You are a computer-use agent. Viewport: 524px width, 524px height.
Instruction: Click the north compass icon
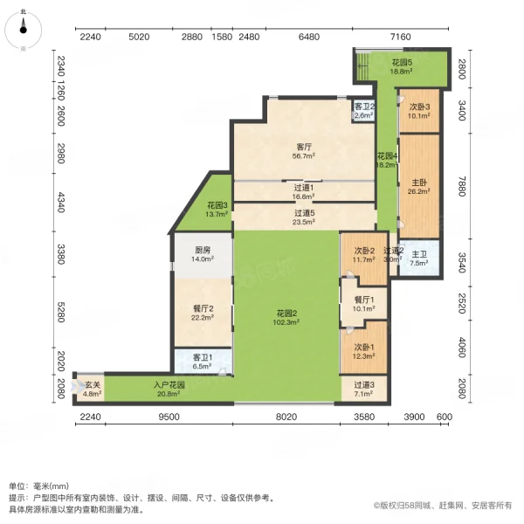24,31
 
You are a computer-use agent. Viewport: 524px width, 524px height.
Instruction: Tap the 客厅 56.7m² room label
305,151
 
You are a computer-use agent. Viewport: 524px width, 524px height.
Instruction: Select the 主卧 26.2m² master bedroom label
417,188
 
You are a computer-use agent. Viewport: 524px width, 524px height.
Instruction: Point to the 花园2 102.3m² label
287,318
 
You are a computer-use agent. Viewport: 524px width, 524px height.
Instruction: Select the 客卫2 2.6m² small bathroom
363,110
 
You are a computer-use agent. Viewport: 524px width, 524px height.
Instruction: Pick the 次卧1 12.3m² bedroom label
363,352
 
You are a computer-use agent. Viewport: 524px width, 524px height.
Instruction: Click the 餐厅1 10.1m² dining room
363,304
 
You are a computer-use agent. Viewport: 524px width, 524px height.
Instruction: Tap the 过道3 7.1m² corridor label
364,389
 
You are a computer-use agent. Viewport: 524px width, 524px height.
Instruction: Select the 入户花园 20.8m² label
169,389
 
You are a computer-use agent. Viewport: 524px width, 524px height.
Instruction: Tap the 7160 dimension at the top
400,37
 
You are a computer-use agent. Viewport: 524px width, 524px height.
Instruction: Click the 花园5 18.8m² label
401,67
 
